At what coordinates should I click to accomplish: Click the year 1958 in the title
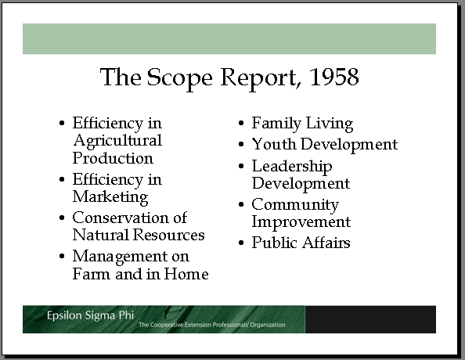coord(334,77)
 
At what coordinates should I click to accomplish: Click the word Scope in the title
coord(180,78)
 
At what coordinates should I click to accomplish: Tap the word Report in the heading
coord(258,78)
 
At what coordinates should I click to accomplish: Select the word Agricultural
coord(117,142)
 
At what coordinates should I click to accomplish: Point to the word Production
coord(113,158)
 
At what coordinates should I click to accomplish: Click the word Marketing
coord(110,197)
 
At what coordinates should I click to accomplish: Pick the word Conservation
coord(121,218)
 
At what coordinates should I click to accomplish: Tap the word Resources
coord(168,235)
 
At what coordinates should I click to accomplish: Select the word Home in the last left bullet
coord(186,274)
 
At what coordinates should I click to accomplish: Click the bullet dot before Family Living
coord(241,123)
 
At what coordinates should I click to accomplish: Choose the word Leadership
coord(292,167)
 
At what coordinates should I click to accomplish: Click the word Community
coord(295,205)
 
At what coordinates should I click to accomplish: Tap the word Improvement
coord(301,222)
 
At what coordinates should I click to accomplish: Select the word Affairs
coord(326,243)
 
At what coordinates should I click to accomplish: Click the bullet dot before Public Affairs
coord(241,243)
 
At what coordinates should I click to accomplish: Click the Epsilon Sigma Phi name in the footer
coord(90,315)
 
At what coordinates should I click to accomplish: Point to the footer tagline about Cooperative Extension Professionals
coord(211,325)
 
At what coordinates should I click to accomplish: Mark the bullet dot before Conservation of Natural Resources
coord(62,218)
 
